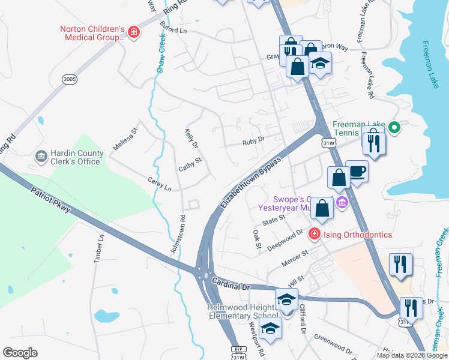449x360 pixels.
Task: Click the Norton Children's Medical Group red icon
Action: (x=134, y=32)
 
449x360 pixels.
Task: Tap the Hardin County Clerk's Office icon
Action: (x=41, y=157)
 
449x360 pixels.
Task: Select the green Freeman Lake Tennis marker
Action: (x=394, y=127)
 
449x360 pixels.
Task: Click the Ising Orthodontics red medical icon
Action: (x=313, y=235)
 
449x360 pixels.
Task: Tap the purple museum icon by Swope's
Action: (x=342, y=203)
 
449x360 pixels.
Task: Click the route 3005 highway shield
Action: (x=70, y=79)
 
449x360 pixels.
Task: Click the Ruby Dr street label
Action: (x=253, y=142)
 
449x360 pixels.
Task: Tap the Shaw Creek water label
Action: (x=161, y=54)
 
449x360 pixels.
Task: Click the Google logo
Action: (x=20, y=353)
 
